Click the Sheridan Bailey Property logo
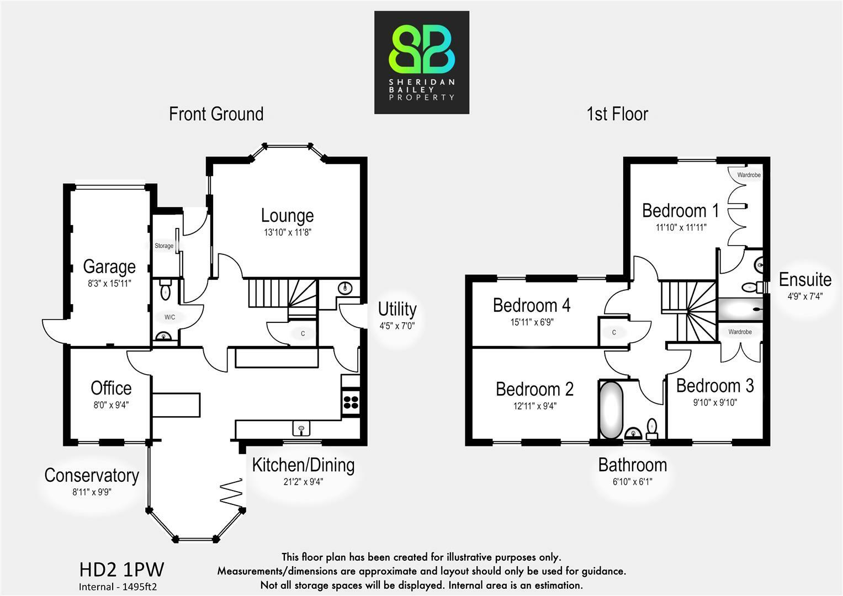(x=422, y=62)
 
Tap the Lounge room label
(x=288, y=216)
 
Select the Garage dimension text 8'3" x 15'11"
(x=109, y=283)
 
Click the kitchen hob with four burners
(x=351, y=403)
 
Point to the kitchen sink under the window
(x=301, y=428)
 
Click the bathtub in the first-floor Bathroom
(x=611, y=410)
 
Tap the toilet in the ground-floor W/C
(x=165, y=290)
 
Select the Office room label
(x=111, y=388)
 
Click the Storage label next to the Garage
(x=164, y=246)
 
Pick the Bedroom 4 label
(x=532, y=305)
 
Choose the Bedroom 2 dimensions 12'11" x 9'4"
(x=535, y=406)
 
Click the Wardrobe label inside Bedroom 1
(x=749, y=175)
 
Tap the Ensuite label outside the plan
(x=805, y=280)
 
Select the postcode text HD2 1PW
(x=121, y=570)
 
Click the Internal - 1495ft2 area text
(x=118, y=587)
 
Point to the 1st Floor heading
(x=617, y=114)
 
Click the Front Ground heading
(x=216, y=114)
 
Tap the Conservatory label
(x=92, y=476)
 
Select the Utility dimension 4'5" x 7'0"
(x=397, y=326)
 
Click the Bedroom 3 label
(x=715, y=386)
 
